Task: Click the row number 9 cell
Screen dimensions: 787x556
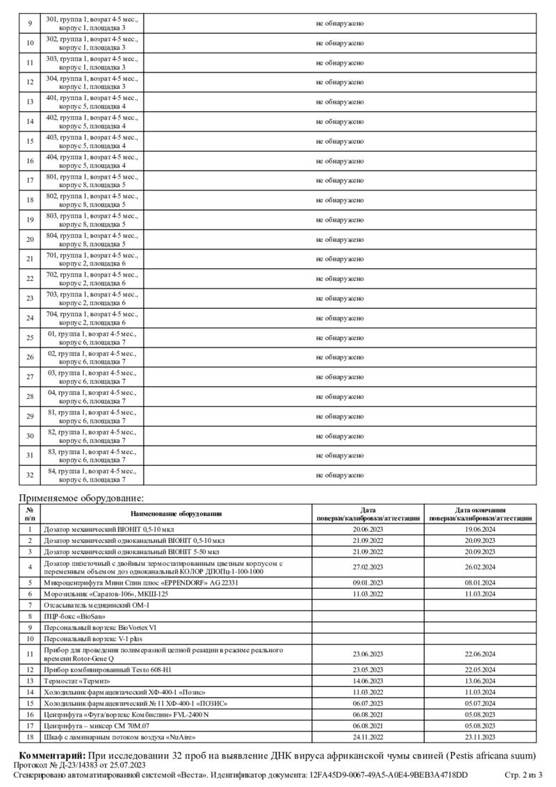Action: click(x=30, y=24)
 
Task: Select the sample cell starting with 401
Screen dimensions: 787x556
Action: click(x=92, y=102)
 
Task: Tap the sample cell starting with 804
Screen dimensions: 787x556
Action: click(x=92, y=240)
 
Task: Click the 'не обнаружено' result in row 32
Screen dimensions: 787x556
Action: click(x=340, y=476)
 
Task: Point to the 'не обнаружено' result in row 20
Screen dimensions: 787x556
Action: click(x=340, y=240)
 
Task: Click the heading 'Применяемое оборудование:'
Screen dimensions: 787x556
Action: click(x=81, y=498)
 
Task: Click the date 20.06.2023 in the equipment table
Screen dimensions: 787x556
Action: click(x=368, y=529)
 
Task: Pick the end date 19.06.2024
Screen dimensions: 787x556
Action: click(x=480, y=529)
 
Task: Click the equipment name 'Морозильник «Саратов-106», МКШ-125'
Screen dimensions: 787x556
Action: click(x=106, y=594)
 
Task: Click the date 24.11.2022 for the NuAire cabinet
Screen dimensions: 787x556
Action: click(x=368, y=736)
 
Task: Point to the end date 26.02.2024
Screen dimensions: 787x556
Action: click(x=480, y=567)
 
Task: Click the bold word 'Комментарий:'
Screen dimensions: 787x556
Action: click(x=52, y=755)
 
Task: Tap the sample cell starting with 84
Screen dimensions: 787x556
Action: click(x=92, y=476)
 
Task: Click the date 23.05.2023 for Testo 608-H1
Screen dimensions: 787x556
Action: click(x=368, y=670)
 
